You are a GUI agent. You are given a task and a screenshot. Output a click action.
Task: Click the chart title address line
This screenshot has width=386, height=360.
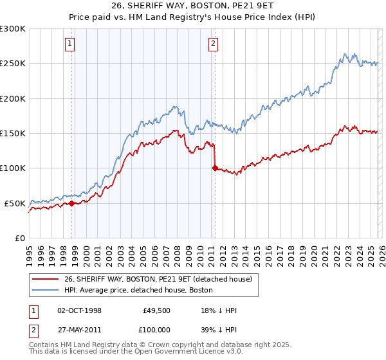point(192,6)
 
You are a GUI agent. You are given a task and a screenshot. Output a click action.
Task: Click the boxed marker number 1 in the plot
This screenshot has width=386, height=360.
point(69,44)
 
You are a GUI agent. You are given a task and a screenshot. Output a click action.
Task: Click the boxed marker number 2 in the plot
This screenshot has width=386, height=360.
point(213,44)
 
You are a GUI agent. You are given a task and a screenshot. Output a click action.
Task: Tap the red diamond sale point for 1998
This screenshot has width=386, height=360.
point(71,203)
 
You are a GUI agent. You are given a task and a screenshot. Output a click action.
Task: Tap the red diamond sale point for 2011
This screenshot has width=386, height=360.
point(215,168)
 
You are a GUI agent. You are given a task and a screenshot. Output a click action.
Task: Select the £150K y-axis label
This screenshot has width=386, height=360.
point(13,133)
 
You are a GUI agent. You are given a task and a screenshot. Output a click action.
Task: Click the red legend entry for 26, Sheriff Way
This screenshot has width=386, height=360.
point(161,278)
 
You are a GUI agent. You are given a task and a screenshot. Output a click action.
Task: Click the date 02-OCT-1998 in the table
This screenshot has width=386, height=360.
point(79,310)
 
